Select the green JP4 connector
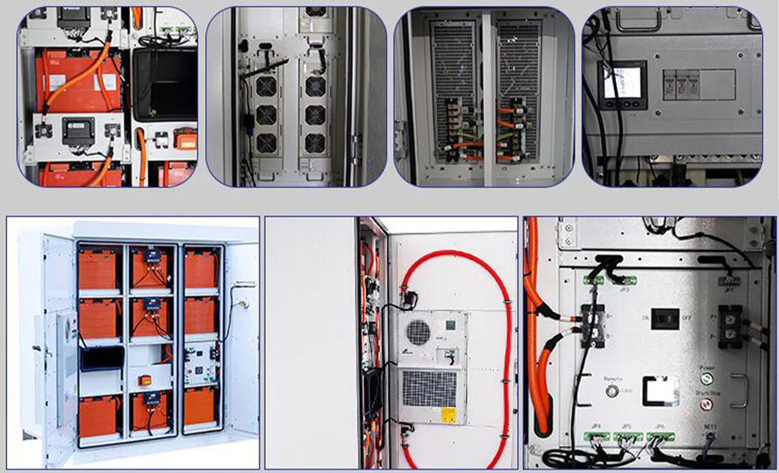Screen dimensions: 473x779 point(595,436)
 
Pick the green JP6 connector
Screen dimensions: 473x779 point(660,436)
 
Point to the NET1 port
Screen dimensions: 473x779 point(709,437)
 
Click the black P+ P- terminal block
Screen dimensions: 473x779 point(730,326)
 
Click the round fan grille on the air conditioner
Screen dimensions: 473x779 point(419,332)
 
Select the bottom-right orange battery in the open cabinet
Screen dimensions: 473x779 point(200,407)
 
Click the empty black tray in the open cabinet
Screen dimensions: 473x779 point(102,359)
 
